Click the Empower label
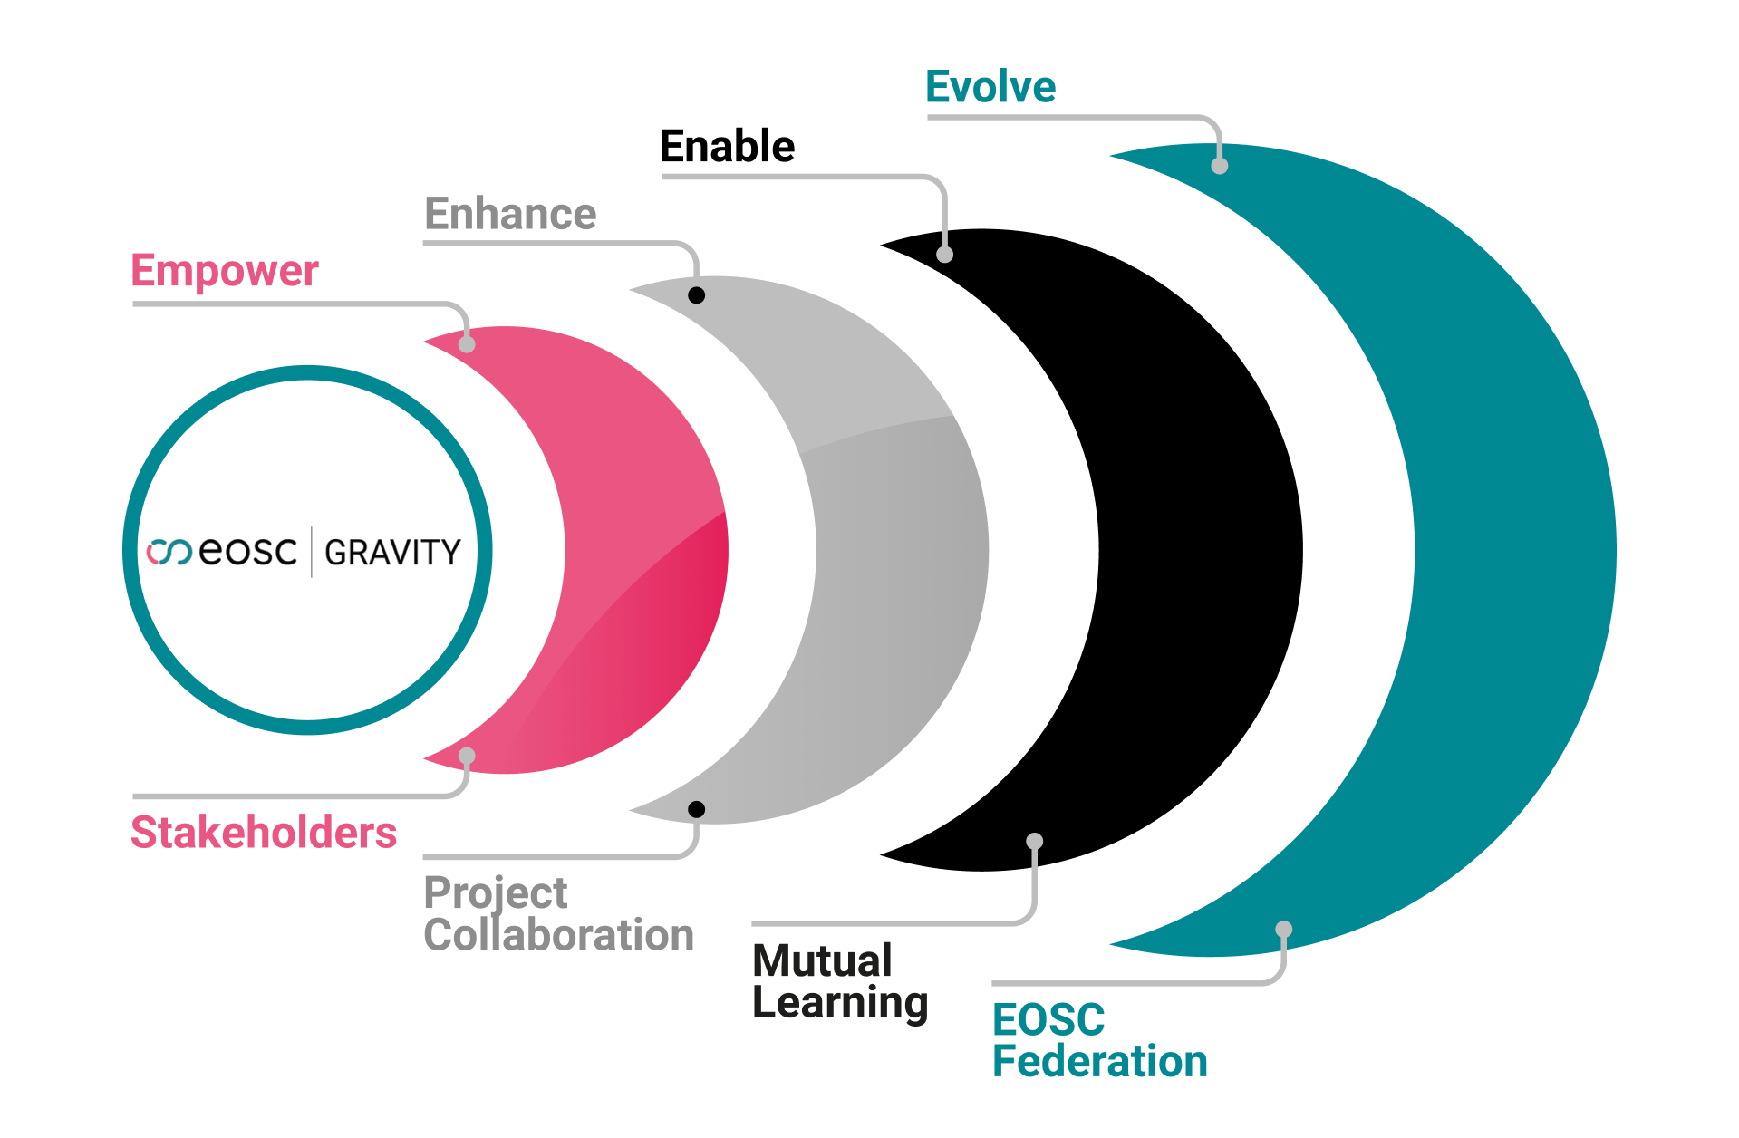(x=225, y=271)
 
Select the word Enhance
(x=510, y=215)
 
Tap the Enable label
(x=727, y=147)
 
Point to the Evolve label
(x=990, y=88)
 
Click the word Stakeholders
(x=264, y=833)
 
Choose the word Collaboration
(x=558, y=935)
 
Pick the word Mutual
(x=822, y=960)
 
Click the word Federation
(x=1099, y=1061)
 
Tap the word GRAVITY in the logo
(x=392, y=552)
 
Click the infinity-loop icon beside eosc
(x=169, y=552)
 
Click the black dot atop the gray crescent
(x=696, y=295)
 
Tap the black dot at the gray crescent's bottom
(x=696, y=809)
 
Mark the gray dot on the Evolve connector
(x=1220, y=166)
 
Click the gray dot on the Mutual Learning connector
(x=1034, y=841)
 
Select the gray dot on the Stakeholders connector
(x=467, y=756)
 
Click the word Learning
(x=840, y=1003)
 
